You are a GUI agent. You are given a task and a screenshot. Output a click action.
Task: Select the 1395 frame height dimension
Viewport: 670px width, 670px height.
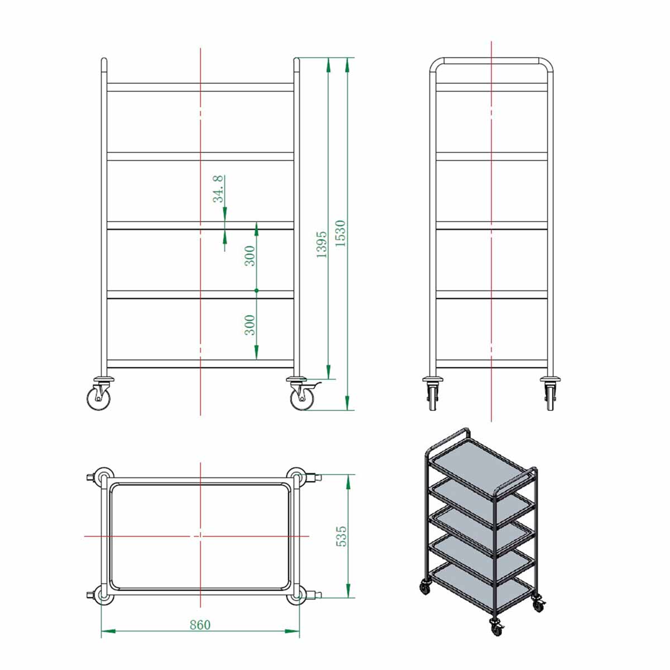pos(322,245)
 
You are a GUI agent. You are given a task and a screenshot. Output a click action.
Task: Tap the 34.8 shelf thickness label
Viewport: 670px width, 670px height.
pos(218,189)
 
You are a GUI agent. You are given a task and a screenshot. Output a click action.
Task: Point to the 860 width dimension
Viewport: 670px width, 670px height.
pos(200,625)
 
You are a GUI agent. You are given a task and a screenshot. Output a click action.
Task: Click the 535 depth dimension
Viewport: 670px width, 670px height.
pos(342,536)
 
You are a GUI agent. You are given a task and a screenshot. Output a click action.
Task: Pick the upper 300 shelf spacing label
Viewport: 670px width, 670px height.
pos(250,256)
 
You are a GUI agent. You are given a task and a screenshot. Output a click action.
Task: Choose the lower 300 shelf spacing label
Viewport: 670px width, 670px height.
pos(250,325)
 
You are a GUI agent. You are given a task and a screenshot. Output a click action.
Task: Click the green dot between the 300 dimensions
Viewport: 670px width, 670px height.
pos(256,290)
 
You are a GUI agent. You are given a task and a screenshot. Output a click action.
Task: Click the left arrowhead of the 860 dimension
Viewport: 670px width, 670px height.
pos(108,631)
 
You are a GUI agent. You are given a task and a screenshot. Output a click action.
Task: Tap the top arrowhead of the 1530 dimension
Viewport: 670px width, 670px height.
pos(347,65)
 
